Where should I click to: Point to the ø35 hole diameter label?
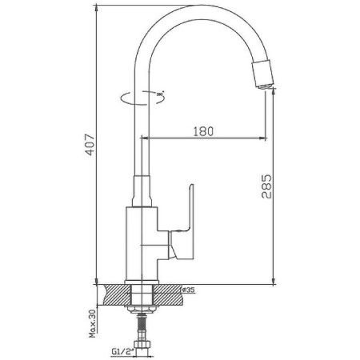point(190,290)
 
